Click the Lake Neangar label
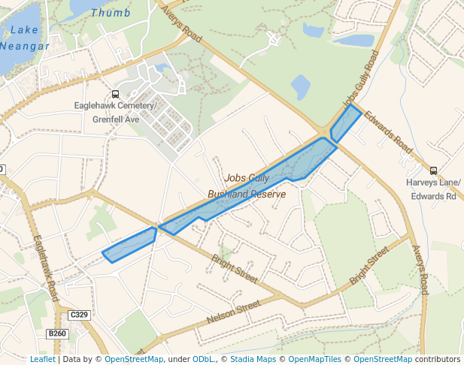click(25, 38)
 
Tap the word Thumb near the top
click(110, 13)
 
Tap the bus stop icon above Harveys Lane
click(433, 170)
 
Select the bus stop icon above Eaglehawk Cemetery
click(115, 95)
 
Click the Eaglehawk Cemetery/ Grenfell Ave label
click(116, 113)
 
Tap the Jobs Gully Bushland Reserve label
click(247, 186)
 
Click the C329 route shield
click(78, 315)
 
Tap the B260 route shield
click(56, 333)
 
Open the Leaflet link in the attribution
click(42, 359)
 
